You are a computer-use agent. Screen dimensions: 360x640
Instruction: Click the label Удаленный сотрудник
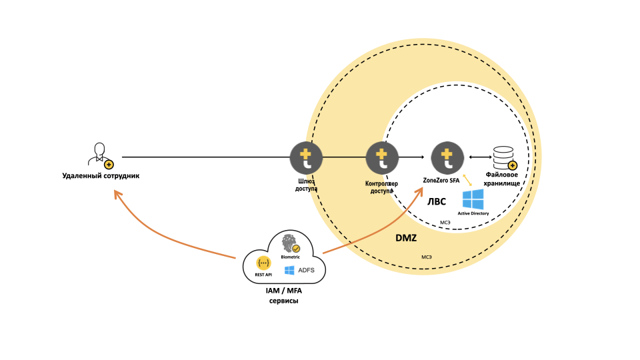[101, 175]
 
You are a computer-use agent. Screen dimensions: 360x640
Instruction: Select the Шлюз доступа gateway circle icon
[306, 158]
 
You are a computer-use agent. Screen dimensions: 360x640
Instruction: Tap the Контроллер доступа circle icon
[382, 158]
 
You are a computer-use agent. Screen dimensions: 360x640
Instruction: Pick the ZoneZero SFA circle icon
[447, 158]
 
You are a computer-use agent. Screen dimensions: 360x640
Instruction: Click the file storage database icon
[504, 158]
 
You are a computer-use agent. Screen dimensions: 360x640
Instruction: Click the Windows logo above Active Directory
[473, 199]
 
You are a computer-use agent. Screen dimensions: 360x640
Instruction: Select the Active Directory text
[473, 213]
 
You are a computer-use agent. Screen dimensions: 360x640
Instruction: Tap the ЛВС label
[437, 202]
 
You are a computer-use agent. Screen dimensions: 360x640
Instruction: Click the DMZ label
[406, 238]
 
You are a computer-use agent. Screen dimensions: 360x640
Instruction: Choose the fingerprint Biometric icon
[289, 244]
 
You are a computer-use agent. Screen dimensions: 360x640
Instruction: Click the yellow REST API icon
[263, 263]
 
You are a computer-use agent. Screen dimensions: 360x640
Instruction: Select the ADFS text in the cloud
[307, 270]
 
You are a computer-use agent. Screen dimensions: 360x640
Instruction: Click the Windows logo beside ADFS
[289, 270]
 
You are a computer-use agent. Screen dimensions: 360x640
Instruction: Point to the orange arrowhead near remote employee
[117, 194]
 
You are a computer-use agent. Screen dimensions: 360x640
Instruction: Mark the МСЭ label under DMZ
[426, 257]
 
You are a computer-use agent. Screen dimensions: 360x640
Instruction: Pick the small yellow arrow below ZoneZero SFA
[467, 181]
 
